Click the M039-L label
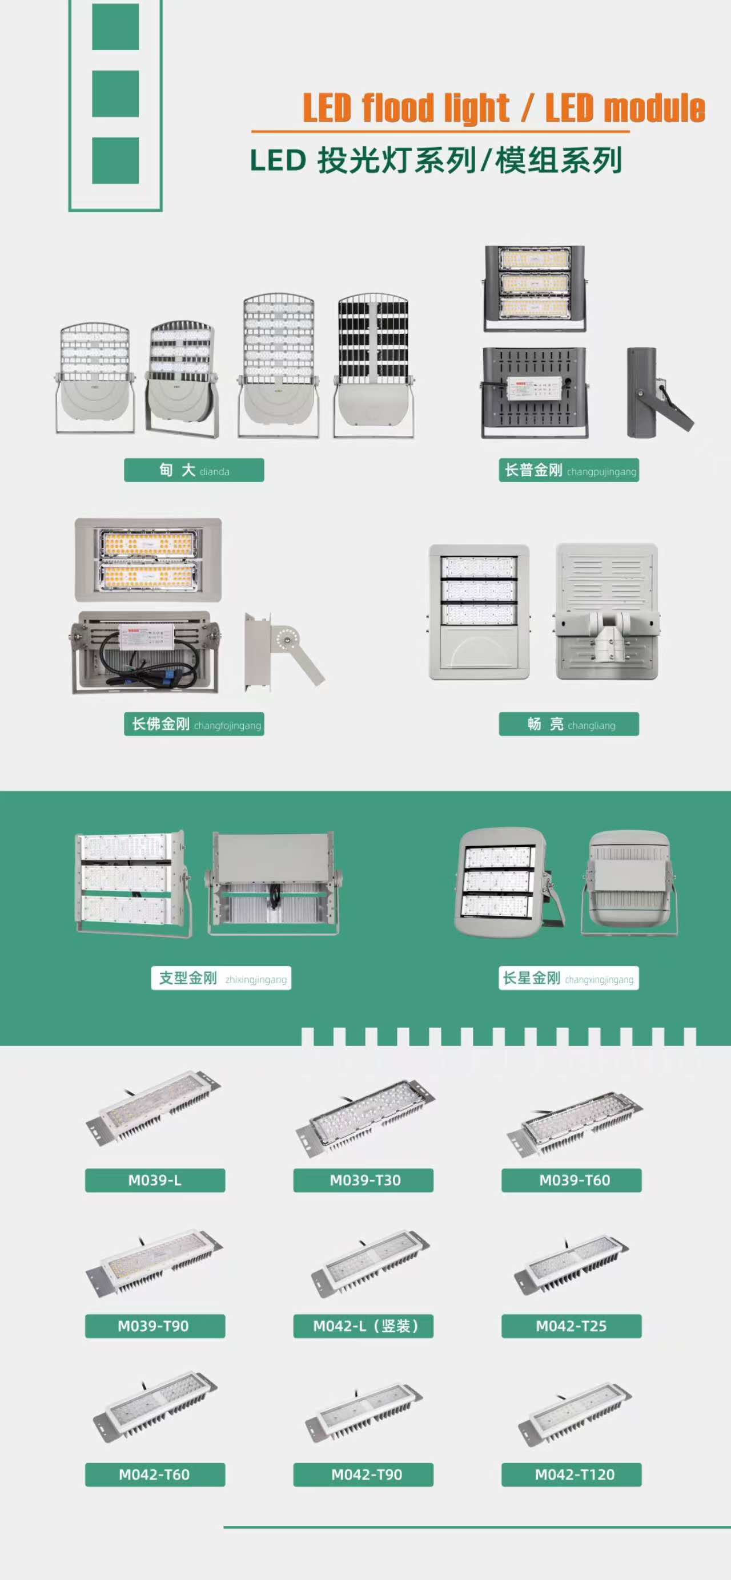click(x=155, y=1180)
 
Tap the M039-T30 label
click(x=363, y=1180)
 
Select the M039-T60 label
click(x=572, y=1180)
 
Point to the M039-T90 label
click(x=155, y=1326)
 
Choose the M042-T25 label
click(x=572, y=1326)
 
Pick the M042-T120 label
click(x=572, y=1474)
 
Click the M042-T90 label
click(x=363, y=1474)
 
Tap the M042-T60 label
click(x=155, y=1474)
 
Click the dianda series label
click(x=194, y=470)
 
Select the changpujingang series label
click(x=569, y=470)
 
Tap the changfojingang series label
click(x=194, y=724)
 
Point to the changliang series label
click(x=569, y=724)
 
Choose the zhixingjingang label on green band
click(x=221, y=977)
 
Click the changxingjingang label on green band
click(x=569, y=977)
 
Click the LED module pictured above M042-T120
click(x=575, y=1414)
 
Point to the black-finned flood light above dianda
click(x=373, y=366)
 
